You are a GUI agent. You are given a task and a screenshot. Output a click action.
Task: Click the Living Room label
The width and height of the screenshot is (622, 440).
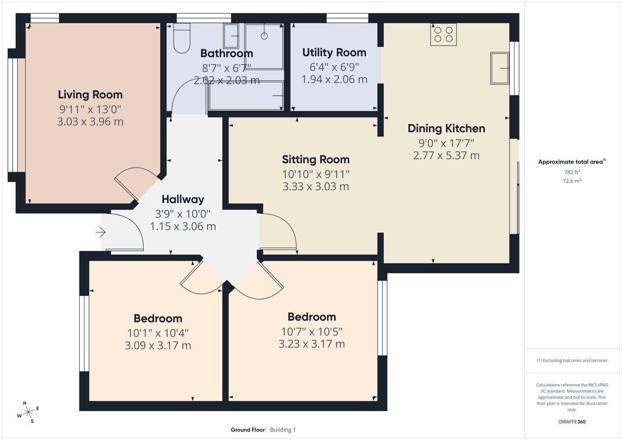click(x=90, y=95)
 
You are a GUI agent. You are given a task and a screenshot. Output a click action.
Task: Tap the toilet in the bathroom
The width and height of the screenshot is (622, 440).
click(x=182, y=38)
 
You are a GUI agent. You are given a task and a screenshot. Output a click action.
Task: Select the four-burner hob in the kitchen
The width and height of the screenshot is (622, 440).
click(x=443, y=34)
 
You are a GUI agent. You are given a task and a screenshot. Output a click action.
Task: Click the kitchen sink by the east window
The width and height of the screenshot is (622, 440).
click(x=500, y=68)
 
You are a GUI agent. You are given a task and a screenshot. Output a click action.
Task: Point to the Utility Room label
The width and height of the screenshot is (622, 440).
click(x=334, y=52)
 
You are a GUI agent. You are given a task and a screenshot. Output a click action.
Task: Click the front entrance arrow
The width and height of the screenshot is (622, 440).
click(x=101, y=232)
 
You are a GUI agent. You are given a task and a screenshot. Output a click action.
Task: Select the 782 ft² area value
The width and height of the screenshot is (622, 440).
click(x=572, y=172)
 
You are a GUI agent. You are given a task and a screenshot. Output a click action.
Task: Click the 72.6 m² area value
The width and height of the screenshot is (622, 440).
click(x=572, y=181)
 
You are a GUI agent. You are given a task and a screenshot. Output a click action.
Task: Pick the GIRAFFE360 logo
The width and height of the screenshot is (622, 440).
click(x=572, y=422)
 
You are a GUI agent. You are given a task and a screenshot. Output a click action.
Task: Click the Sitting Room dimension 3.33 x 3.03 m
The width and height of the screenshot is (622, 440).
click(x=316, y=186)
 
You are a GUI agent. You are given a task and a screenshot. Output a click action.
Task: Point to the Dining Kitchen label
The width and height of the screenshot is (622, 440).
click(x=446, y=128)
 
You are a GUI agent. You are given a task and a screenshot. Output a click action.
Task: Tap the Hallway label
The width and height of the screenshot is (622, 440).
click(x=183, y=199)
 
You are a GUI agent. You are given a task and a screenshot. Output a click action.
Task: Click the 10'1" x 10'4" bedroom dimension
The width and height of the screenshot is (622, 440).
click(x=158, y=333)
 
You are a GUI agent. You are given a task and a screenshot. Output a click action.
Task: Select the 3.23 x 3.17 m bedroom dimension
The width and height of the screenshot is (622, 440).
click(x=312, y=344)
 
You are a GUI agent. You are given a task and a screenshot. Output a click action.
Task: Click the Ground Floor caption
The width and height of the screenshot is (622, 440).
click(x=248, y=430)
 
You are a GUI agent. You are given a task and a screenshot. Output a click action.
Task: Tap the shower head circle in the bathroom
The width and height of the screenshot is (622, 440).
click(x=264, y=36)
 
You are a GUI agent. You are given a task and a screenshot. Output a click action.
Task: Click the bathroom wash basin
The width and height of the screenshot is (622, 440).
click(x=231, y=36)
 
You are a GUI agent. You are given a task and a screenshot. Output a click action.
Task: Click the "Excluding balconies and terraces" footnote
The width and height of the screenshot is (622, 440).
click(x=572, y=360)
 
